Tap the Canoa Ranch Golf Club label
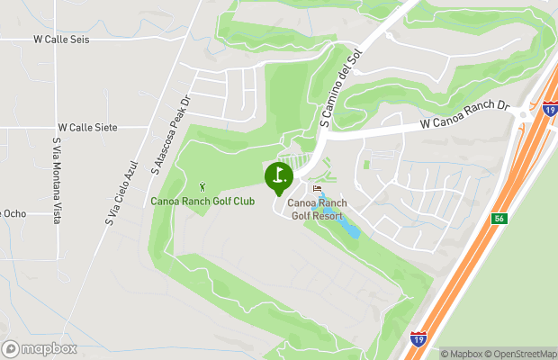pos(202,201)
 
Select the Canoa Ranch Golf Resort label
pos(317,210)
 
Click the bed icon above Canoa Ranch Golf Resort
pos(317,189)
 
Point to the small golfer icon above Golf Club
pos(202,187)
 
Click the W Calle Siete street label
pos(87,129)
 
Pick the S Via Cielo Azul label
pos(122,193)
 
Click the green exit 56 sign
pos(499,219)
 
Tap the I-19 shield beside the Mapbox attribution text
pos(418,339)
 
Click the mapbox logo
pos(40,348)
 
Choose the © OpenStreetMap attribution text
pos(521,354)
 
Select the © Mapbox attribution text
pos(462,354)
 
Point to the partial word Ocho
pos(13,213)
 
